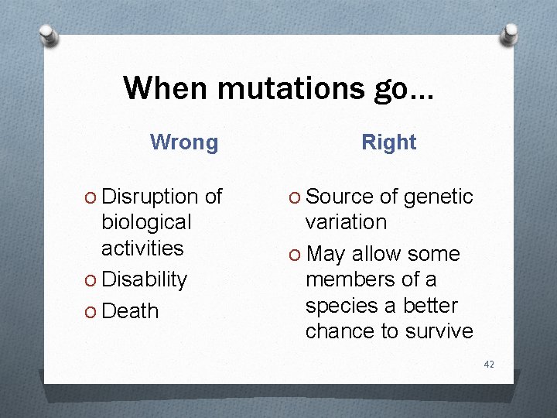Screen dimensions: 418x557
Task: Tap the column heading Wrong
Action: click(184, 142)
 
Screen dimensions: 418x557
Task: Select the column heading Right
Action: click(389, 142)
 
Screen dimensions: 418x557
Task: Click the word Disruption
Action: click(151, 197)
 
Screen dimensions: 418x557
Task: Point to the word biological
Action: click(145, 222)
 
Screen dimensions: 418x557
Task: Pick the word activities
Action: click(142, 248)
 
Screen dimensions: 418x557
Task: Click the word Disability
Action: click(144, 279)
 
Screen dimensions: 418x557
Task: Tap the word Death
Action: click(130, 311)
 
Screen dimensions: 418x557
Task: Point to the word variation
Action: click(346, 222)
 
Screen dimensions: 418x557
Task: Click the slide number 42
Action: click(488, 364)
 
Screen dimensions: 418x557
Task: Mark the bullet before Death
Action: click(92, 312)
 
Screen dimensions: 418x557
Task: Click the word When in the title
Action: click(166, 88)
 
